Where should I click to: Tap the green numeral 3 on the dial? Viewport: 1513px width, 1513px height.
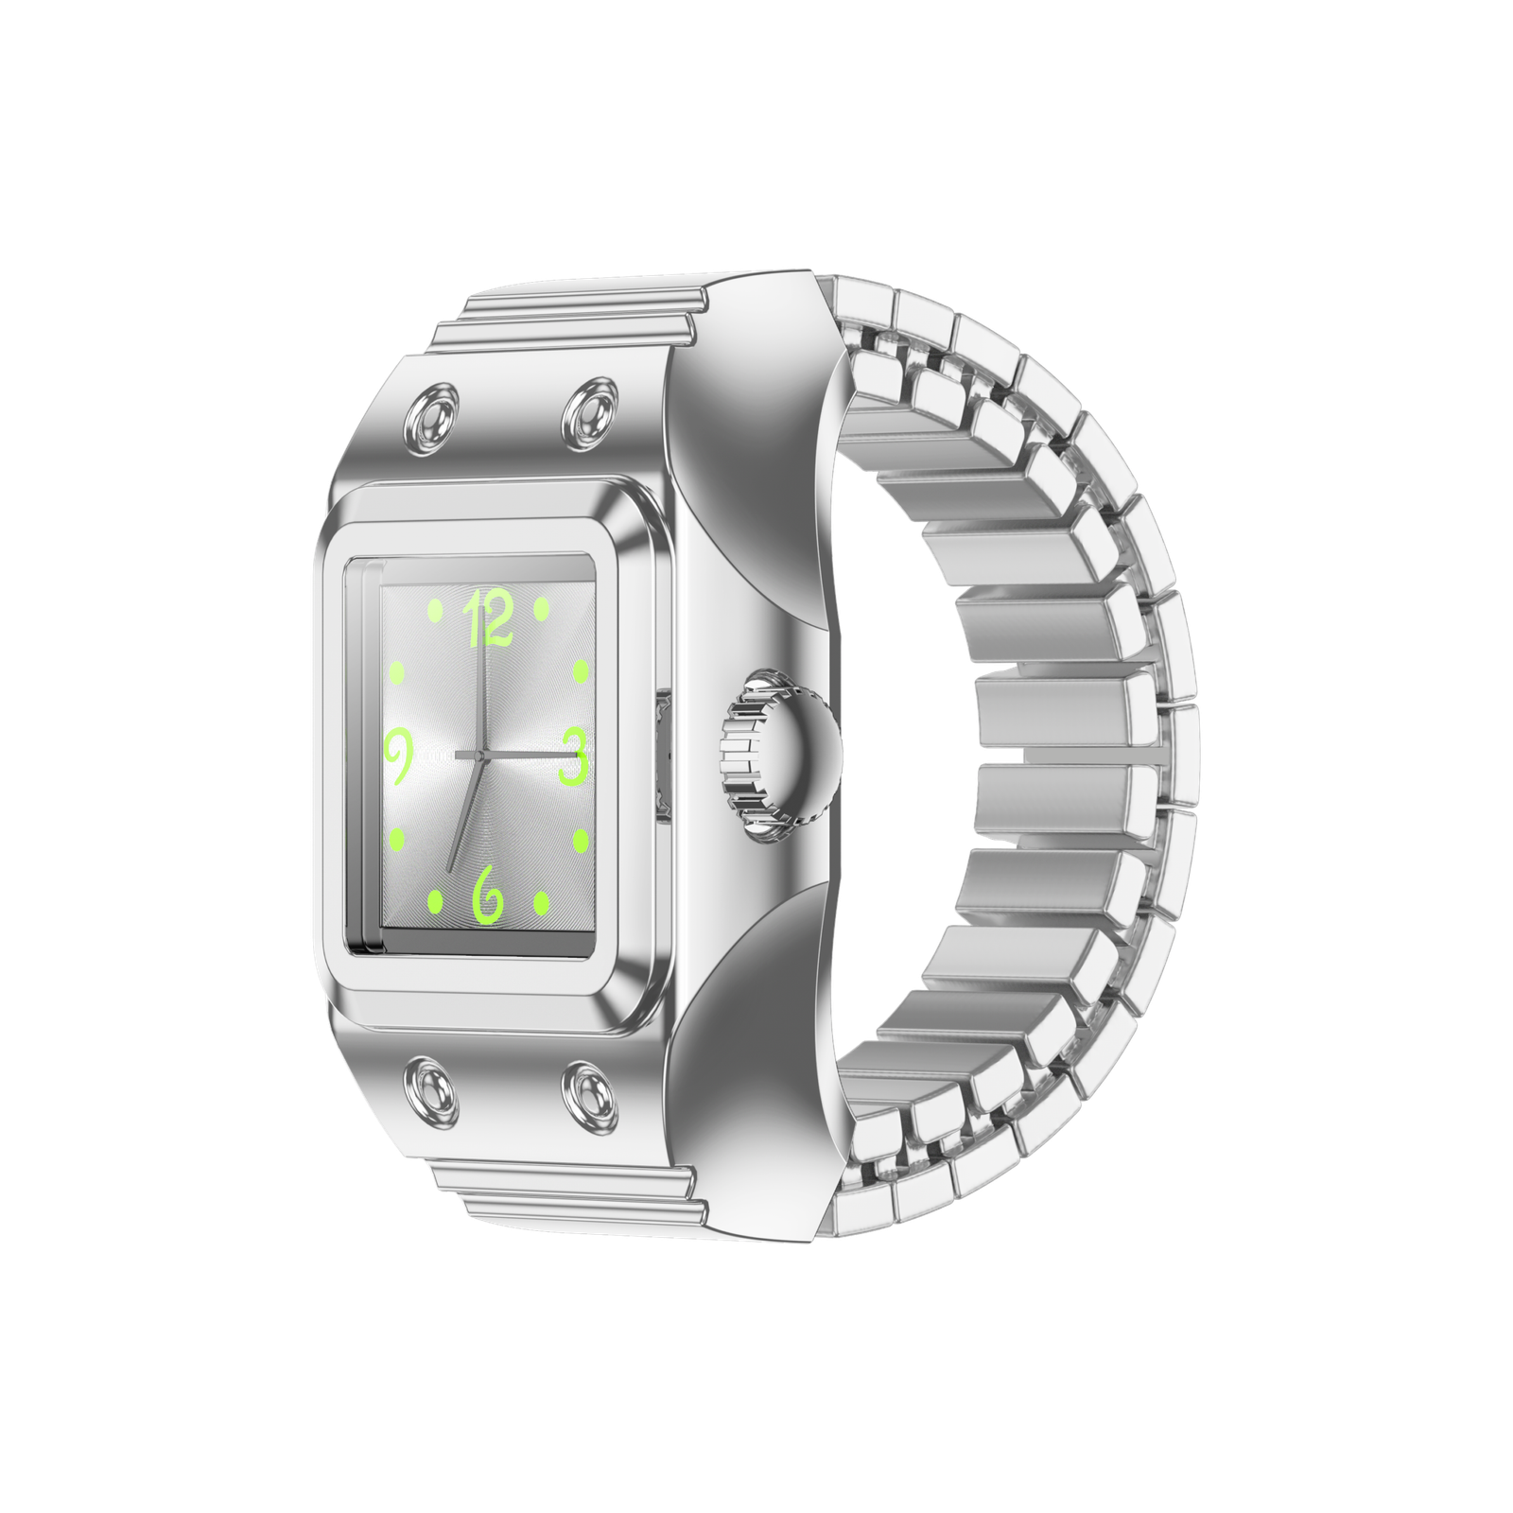[573, 756]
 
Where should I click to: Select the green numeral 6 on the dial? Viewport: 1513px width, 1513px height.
[488, 894]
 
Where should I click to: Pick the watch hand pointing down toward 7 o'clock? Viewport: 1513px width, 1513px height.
[465, 813]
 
